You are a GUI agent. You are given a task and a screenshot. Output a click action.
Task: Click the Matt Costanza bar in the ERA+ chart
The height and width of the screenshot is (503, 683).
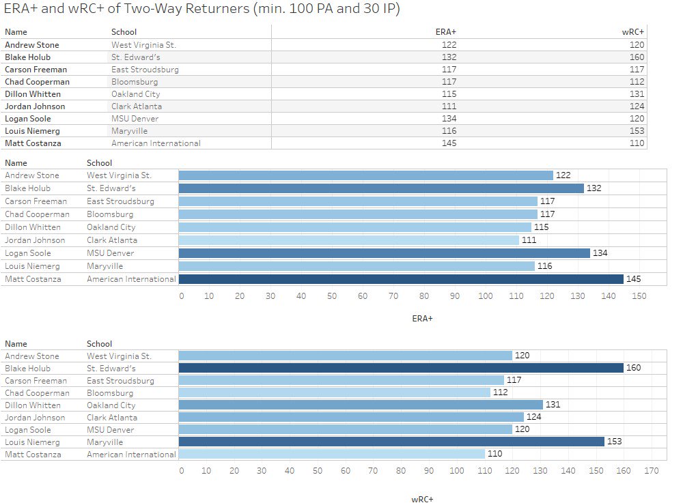click(401, 279)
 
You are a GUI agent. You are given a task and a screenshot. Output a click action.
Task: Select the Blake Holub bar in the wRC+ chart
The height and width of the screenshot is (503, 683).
click(401, 368)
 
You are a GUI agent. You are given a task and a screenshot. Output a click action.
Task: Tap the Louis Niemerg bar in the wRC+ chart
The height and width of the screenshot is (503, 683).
click(391, 442)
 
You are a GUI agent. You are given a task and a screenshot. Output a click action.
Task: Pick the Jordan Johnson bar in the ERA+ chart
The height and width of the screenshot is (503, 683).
click(349, 240)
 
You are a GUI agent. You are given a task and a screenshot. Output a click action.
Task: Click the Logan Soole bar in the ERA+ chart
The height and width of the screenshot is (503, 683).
click(384, 253)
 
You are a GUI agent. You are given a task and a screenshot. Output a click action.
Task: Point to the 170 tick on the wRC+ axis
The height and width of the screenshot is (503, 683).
click(652, 470)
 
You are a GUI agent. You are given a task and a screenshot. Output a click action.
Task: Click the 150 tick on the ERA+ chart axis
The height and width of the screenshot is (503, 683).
click(639, 296)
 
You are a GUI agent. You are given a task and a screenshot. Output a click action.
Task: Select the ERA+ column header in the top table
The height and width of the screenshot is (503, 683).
click(445, 31)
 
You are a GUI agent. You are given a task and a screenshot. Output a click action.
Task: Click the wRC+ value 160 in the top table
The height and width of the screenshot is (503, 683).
click(637, 57)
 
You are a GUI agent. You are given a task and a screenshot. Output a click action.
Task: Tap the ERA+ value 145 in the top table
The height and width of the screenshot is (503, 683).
click(449, 143)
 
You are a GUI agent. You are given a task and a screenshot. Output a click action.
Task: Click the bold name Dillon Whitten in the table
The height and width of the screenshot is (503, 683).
click(33, 94)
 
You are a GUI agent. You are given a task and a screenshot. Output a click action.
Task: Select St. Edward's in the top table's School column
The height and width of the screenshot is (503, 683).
click(135, 57)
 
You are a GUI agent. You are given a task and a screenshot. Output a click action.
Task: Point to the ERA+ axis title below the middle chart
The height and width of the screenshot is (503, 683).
click(422, 318)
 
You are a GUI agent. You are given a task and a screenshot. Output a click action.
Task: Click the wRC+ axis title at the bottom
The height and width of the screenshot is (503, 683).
click(422, 499)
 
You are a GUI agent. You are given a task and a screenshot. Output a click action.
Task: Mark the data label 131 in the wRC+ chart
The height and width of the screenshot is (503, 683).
click(553, 405)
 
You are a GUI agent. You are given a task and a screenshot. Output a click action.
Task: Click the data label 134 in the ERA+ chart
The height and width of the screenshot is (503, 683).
click(600, 253)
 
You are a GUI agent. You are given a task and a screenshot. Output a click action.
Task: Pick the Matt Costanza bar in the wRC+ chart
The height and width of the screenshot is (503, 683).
click(332, 454)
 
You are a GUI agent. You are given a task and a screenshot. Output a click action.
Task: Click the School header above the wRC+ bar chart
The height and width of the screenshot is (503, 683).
click(100, 344)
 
